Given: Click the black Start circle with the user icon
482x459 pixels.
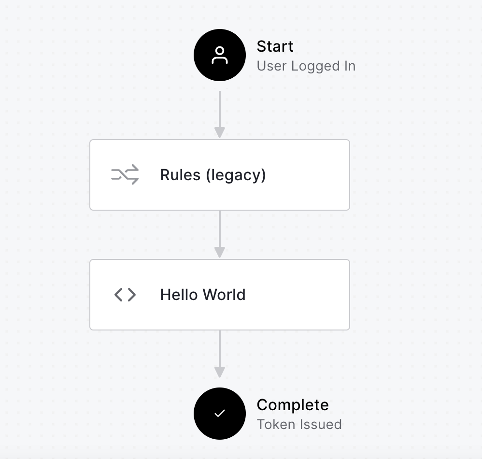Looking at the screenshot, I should tap(220, 55).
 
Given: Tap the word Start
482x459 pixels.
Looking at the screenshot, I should tap(275, 46).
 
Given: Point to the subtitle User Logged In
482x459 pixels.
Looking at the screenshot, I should tap(306, 66).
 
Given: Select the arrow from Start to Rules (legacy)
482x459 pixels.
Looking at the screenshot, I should tap(220, 115).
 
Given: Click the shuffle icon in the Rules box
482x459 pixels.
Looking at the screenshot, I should tap(125, 175).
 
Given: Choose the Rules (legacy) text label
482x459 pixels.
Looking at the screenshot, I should tap(213, 175).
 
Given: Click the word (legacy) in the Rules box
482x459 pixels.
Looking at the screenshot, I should tap(236, 175).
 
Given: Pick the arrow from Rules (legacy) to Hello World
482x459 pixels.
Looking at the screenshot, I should tap(220, 234).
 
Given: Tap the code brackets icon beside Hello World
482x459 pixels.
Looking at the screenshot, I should tap(125, 295).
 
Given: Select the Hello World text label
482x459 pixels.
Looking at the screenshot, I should tap(203, 295).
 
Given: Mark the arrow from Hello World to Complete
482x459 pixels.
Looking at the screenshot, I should tap(220, 354).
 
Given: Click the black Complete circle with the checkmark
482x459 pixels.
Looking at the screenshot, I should tap(220, 414).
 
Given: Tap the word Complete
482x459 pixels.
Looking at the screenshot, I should tap(293, 405).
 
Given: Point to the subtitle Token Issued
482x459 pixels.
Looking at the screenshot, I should tap(299, 424).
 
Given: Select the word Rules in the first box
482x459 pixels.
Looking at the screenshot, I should tap(180, 175).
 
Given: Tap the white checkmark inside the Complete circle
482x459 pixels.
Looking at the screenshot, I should tap(220, 414).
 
